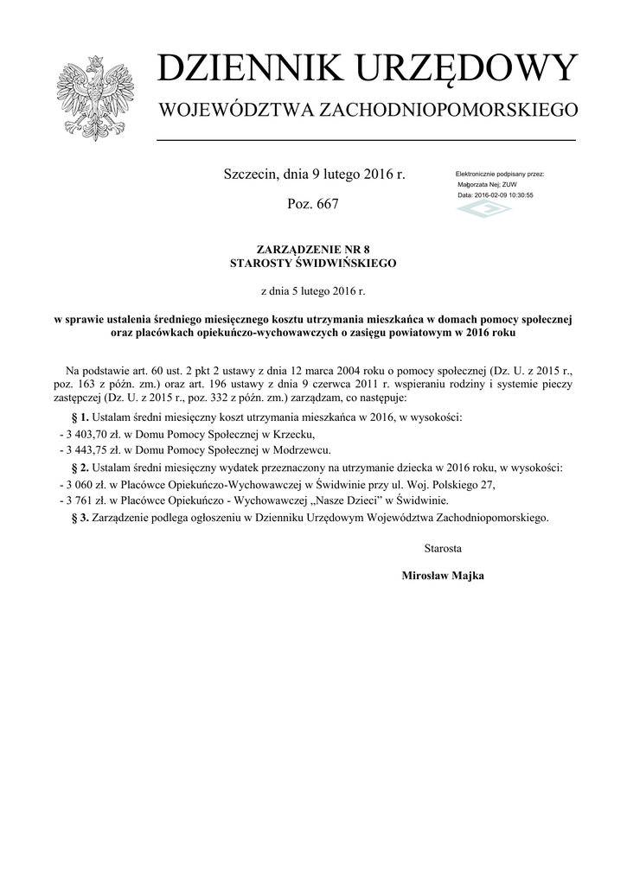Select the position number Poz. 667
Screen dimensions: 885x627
(x=312, y=204)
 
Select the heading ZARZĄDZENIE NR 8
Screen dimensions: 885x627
(x=313, y=248)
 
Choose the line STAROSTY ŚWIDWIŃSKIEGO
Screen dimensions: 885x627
(x=313, y=261)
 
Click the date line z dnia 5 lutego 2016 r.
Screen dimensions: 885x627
(x=313, y=291)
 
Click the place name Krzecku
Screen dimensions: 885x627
(x=292, y=434)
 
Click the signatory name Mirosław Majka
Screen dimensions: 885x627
(x=442, y=576)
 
